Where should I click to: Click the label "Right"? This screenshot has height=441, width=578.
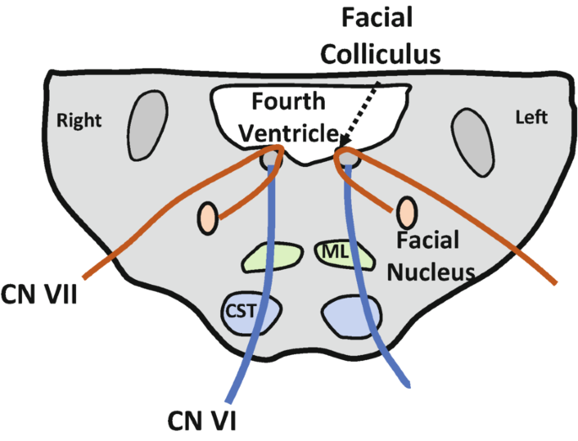click(78, 120)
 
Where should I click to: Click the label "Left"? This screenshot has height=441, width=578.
click(531, 117)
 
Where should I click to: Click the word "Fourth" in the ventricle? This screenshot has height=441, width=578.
click(289, 103)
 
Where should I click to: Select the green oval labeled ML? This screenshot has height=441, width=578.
click(336, 252)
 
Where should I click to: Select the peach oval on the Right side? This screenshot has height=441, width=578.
click(208, 218)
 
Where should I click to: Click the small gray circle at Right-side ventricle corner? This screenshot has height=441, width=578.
click(270, 158)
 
